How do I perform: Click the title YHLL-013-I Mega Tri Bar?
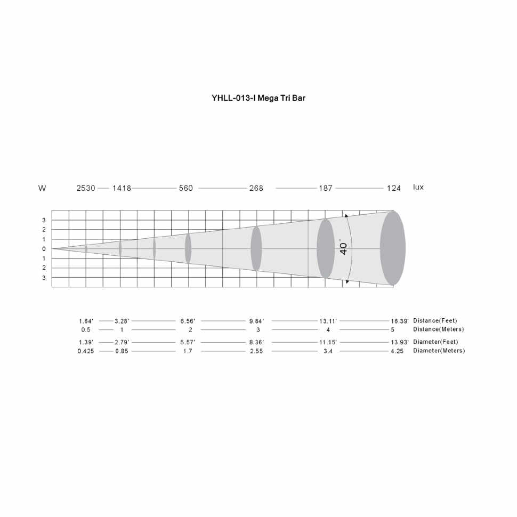tap(258, 98)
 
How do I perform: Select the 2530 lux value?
tap(86, 188)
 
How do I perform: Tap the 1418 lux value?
tap(122, 188)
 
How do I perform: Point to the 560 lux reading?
tap(186, 188)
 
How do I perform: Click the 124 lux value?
tap(394, 188)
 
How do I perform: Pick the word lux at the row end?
tap(418, 187)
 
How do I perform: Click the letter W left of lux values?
tap(42, 188)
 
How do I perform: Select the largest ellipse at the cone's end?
tap(393, 248)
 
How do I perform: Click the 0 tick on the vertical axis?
tap(44, 249)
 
